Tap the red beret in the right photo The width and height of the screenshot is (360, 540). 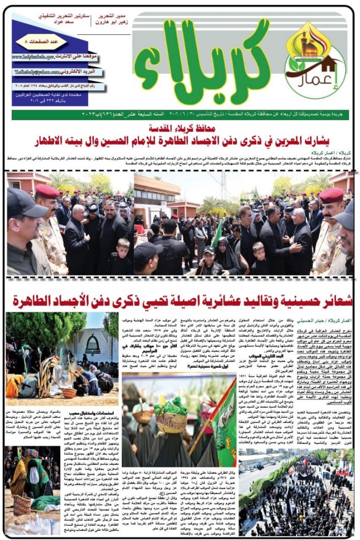[x=331, y=195]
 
